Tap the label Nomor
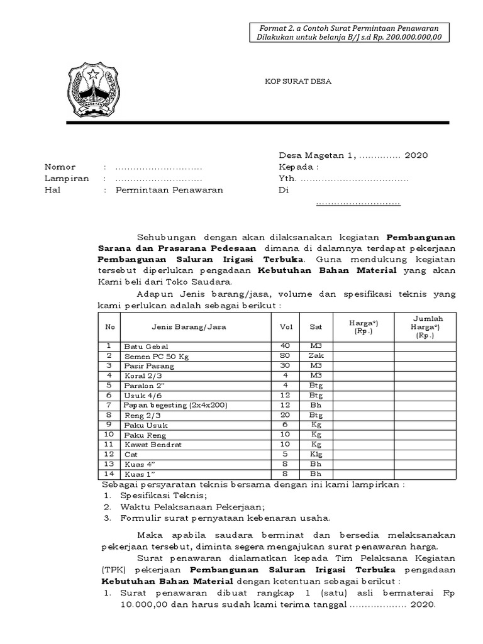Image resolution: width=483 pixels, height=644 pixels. (60, 167)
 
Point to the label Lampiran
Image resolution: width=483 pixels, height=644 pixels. (66, 178)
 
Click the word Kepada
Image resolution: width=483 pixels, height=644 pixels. (298, 167)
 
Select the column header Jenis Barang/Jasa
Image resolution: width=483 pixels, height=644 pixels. (189, 326)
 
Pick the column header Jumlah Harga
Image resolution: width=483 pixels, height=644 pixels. (427, 326)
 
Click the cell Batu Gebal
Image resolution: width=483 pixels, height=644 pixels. (146, 347)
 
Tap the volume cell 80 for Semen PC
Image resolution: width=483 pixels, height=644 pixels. (285, 356)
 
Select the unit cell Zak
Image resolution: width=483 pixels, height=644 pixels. (315, 356)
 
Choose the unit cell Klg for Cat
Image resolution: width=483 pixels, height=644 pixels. (315, 453)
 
